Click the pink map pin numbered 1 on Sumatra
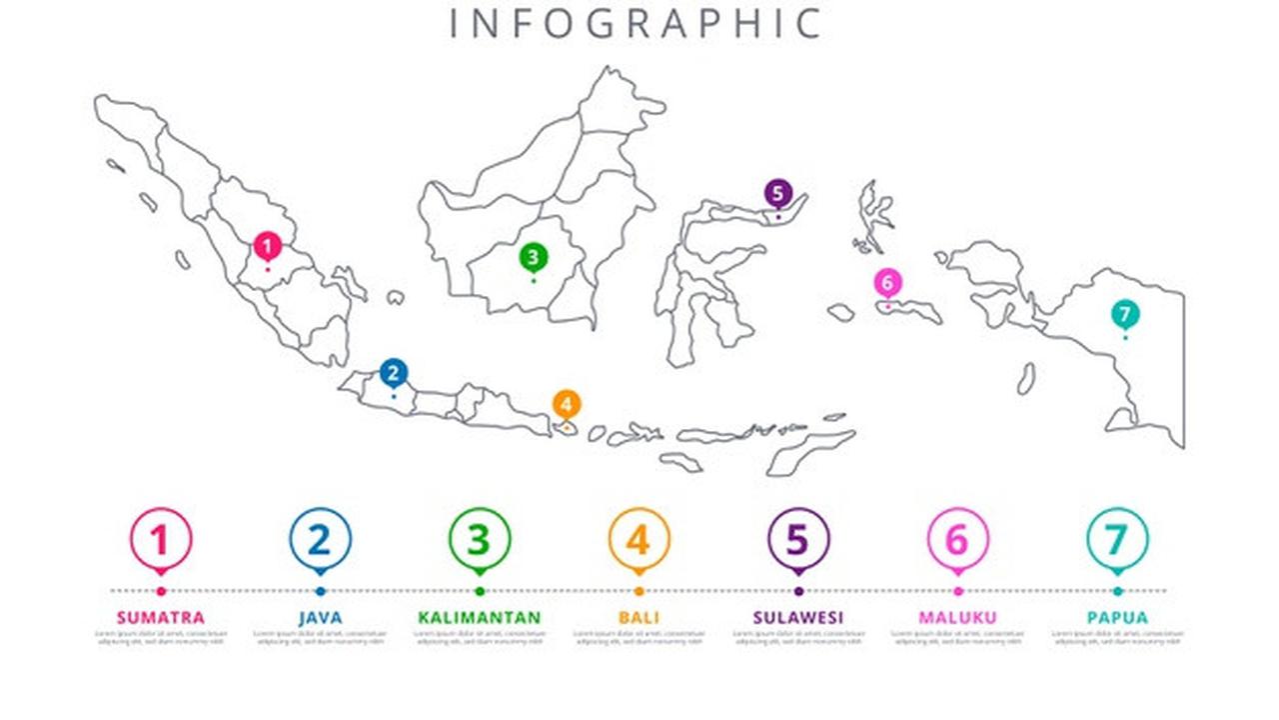[x=267, y=246]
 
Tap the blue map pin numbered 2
[x=394, y=374]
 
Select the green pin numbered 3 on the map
[x=533, y=258]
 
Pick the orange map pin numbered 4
[x=567, y=405]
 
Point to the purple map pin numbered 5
[x=777, y=194]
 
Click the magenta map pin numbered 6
[x=887, y=283]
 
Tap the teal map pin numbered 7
[x=1124, y=315]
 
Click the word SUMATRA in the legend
[x=160, y=617]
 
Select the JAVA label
[x=320, y=617]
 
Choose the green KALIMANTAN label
[x=480, y=617]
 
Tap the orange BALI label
[x=639, y=617]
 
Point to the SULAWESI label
[x=797, y=617]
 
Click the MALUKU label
[x=957, y=617]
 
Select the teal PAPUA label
[x=1117, y=617]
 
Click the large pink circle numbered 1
[x=160, y=540]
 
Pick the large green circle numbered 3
[x=480, y=540]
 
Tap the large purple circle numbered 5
[x=797, y=540]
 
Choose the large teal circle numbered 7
[x=1117, y=540]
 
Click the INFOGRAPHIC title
[x=637, y=23]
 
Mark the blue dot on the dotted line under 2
[x=320, y=591]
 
